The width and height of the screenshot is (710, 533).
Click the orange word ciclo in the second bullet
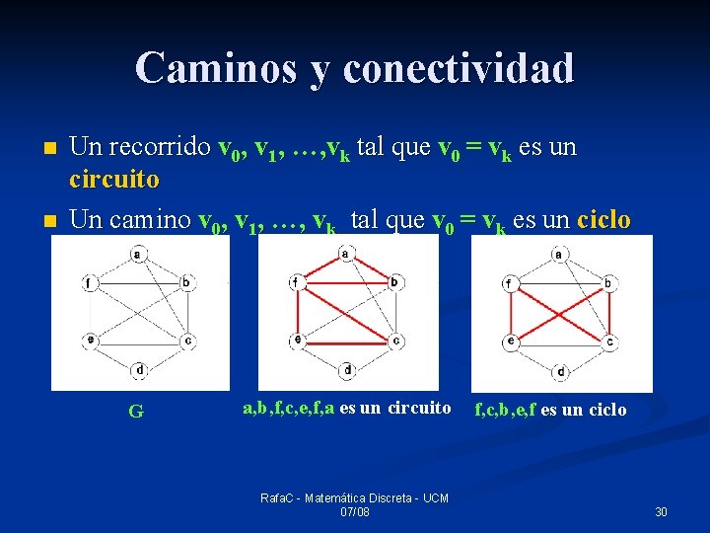click(x=604, y=219)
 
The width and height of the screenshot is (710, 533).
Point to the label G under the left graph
click(x=136, y=412)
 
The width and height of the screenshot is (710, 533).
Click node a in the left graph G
click(x=138, y=255)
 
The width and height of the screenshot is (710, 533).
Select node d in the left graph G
click(x=139, y=370)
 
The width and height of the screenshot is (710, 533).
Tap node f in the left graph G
click(x=90, y=283)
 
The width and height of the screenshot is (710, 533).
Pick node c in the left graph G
click(x=187, y=342)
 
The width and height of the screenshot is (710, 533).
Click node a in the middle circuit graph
click(x=345, y=254)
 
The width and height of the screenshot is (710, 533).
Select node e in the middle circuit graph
click(x=297, y=341)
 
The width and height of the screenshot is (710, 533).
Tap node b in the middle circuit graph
click(x=394, y=282)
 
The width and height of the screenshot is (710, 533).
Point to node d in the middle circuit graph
click(x=347, y=370)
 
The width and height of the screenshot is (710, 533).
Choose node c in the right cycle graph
click(x=610, y=343)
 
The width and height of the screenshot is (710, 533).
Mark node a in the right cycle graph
click(x=559, y=255)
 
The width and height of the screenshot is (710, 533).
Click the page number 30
click(x=661, y=511)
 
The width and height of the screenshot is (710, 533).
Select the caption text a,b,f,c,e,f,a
click(x=289, y=408)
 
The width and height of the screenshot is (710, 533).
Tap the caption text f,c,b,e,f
click(x=505, y=409)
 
